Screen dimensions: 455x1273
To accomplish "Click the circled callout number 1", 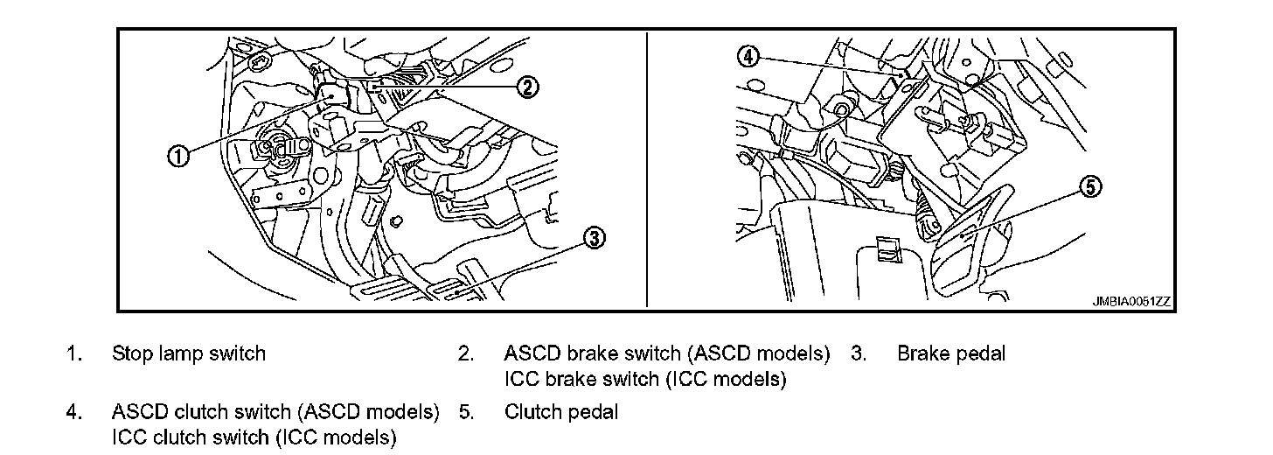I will click(177, 157).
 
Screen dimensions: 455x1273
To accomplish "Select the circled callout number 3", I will click(594, 238).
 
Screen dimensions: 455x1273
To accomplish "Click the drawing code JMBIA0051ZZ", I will click(1130, 301).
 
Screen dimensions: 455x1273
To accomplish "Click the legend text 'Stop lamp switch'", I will click(188, 353).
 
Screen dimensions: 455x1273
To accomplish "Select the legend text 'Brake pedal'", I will click(951, 353).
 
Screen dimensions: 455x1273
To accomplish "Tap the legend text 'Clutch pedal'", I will click(560, 411).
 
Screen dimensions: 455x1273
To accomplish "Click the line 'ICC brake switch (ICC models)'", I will click(645, 380).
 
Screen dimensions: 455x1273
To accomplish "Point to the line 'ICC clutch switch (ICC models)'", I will click(254, 437).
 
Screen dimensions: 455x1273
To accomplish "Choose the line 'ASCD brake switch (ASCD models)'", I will click(666, 353).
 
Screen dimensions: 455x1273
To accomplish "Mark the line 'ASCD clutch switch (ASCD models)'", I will click(275, 411).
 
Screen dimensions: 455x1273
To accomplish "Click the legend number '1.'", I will click(74, 353).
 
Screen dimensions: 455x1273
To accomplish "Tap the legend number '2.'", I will click(466, 353).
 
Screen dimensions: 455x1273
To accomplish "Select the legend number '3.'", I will click(858, 353).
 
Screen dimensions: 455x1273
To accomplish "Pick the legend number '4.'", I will click(74, 411).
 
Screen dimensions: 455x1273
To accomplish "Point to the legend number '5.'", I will click(466, 411).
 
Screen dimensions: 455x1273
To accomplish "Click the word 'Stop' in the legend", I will click(129, 353).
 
